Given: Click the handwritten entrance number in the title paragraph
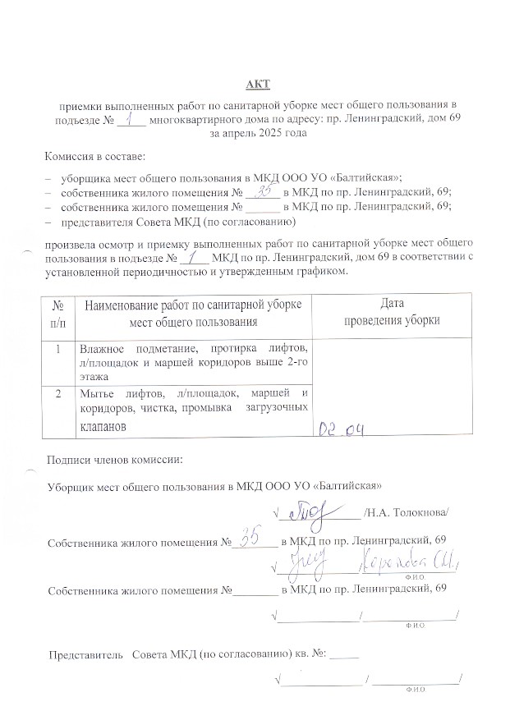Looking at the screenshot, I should point(131,119).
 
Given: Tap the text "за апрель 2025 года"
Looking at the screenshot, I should point(257,134).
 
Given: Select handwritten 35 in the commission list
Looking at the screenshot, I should point(264,192).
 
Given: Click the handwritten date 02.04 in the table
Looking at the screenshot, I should point(341,428).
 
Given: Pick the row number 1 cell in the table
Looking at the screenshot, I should point(57,350).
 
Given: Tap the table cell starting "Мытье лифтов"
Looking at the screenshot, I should point(193,410).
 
